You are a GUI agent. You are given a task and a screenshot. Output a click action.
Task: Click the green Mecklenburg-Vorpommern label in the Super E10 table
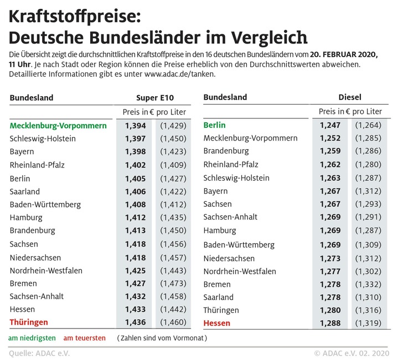click(x=66, y=126)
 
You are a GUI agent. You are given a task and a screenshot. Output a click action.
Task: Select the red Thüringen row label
click(x=29, y=322)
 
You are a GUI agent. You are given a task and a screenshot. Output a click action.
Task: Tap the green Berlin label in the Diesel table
click(x=215, y=125)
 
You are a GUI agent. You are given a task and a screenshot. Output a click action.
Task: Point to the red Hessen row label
click(x=217, y=323)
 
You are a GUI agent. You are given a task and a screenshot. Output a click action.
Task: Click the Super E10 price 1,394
click(x=136, y=126)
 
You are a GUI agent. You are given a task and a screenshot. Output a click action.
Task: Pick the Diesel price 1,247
click(x=330, y=125)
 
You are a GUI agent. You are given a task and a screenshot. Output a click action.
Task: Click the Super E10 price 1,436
click(x=136, y=322)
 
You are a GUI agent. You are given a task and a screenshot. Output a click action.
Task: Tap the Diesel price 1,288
click(x=330, y=323)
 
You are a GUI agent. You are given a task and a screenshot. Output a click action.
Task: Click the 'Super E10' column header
click(x=154, y=97)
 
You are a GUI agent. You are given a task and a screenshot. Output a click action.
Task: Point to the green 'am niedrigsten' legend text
click(x=32, y=338)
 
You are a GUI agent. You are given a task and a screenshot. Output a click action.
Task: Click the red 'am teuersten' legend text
click(x=85, y=338)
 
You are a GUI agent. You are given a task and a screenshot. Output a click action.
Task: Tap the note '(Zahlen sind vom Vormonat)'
click(x=161, y=338)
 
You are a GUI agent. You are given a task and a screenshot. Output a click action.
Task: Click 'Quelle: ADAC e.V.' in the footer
click(x=39, y=353)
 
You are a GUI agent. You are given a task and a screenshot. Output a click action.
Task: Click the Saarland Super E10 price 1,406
click(x=136, y=191)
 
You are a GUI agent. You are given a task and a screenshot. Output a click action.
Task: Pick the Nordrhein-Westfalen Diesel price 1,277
click(x=330, y=271)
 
